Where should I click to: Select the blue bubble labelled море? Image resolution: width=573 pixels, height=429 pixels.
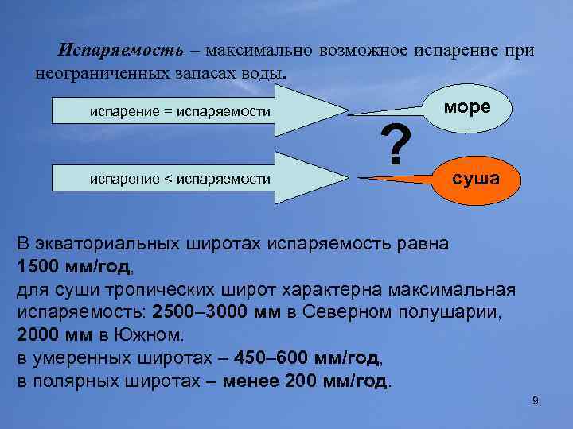point(469,107)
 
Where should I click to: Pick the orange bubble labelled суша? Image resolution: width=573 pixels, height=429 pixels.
point(476,178)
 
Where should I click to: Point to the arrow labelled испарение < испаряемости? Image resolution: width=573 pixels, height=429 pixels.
point(179,180)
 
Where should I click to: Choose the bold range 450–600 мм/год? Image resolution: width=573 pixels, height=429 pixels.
point(303,357)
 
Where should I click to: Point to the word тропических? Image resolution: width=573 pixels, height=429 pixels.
point(164,288)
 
